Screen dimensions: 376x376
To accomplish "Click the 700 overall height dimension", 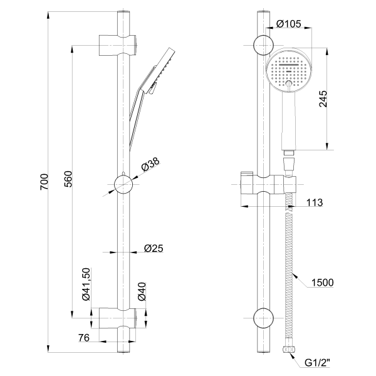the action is [x=44, y=182].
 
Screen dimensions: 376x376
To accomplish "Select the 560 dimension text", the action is [x=68, y=179].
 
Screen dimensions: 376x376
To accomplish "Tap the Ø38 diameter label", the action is [x=150, y=165].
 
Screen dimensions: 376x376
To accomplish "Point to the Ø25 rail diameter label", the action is [x=154, y=248].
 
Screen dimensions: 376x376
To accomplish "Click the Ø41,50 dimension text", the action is [x=86, y=284].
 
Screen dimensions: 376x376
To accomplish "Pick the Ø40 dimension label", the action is [x=142, y=291].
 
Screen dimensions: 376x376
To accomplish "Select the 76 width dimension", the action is [x=84, y=338].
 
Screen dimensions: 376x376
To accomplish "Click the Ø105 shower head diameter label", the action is [x=288, y=24].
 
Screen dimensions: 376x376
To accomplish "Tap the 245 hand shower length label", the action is [x=323, y=98].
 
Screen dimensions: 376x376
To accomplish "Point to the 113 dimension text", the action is [x=315, y=202].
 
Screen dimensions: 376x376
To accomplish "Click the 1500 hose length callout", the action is [x=322, y=283].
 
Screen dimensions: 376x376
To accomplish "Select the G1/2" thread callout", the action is [x=317, y=363].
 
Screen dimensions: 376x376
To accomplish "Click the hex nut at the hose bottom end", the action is [x=288, y=350].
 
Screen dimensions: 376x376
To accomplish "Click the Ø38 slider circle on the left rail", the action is [x=123, y=185].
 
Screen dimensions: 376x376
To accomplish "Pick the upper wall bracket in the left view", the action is [x=118, y=45].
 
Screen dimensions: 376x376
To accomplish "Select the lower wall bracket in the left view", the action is [x=118, y=318].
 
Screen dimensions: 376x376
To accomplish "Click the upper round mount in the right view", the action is [x=263, y=45].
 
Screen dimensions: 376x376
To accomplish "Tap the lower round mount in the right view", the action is [x=263, y=318].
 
